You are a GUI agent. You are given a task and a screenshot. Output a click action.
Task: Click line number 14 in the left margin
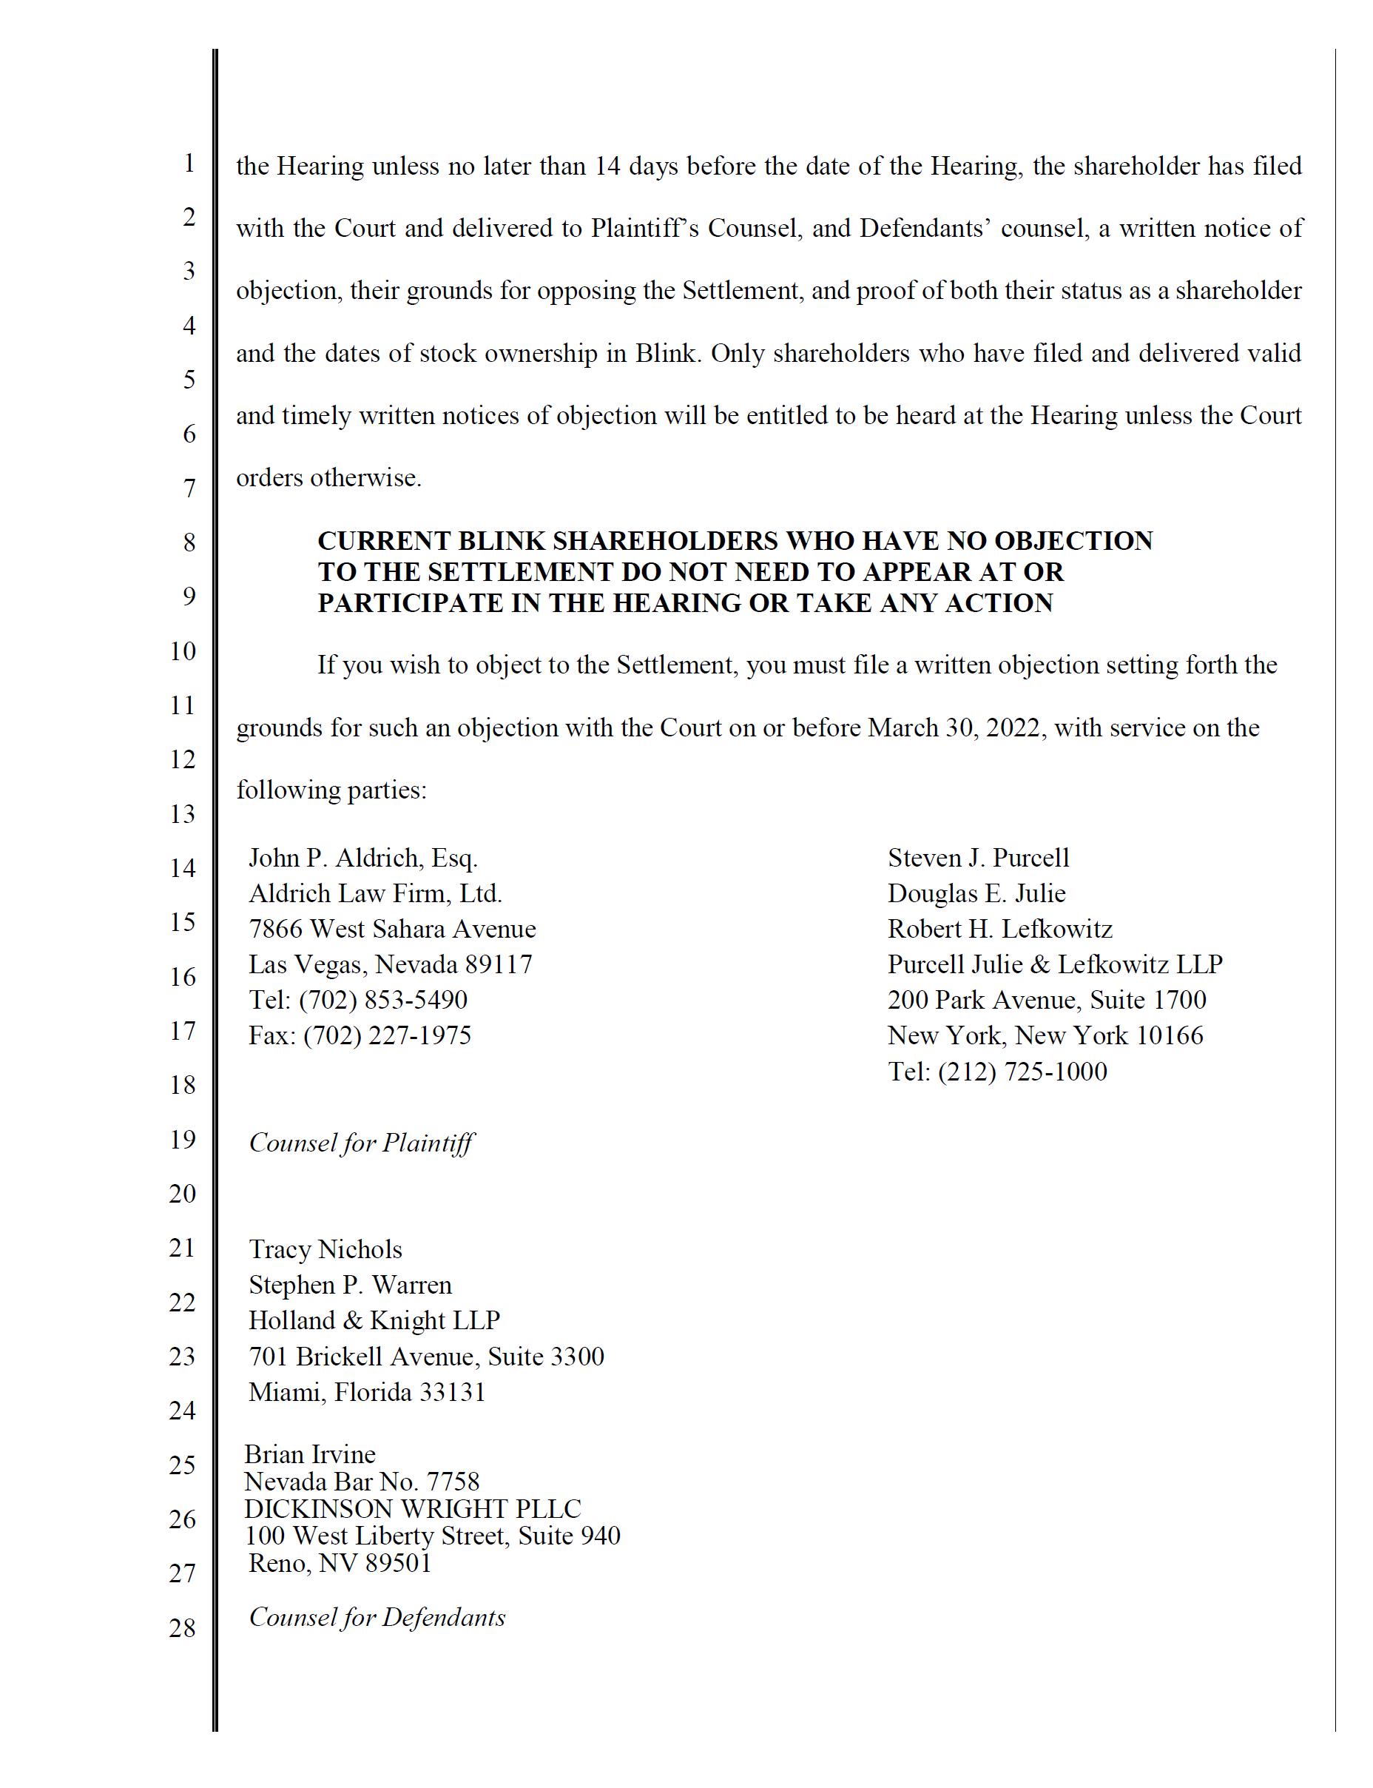182,868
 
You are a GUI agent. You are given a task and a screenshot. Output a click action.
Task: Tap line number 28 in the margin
182,1627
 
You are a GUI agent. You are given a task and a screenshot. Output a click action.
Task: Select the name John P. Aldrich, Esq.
363,858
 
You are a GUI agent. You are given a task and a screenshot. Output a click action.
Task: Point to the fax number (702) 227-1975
388,1036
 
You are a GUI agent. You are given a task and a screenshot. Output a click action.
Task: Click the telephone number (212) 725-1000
1022,1072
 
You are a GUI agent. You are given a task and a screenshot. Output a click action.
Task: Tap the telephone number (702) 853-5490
382,1000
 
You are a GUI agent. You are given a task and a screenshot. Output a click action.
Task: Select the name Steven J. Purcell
978,858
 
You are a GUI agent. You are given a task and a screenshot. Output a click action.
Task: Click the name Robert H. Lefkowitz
999,929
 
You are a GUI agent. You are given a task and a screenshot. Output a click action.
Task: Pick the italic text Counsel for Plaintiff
361,1142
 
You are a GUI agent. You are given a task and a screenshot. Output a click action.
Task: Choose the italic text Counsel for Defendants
377,1617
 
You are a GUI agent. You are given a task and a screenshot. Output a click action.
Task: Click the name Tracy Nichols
325,1249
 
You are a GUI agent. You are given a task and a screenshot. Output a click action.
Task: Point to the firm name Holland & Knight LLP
374,1320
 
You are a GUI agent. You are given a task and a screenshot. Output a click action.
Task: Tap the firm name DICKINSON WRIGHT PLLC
413,1508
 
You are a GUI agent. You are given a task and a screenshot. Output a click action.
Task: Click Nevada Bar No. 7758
361,1482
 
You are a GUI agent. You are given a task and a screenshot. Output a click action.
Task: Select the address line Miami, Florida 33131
367,1391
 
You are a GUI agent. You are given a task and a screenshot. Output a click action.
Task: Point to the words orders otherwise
328,477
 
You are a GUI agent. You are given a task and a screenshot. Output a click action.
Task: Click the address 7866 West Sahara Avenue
392,929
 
